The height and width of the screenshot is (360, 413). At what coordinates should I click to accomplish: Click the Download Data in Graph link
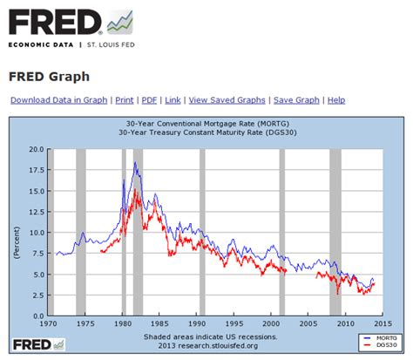pyautogui.click(x=58, y=100)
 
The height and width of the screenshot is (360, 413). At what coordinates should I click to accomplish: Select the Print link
pyautogui.click(x=125, y=100)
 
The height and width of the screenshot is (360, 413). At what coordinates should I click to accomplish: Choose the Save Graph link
pyautogui.click(x=296, y=100)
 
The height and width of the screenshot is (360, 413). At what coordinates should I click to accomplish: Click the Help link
pyautogui.click(x=336, y=100)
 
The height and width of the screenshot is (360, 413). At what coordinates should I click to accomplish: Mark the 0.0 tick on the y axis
pyautogui.click(x=37, y=316)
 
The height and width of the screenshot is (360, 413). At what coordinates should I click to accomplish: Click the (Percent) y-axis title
pyautogui.click(x=16, y=233)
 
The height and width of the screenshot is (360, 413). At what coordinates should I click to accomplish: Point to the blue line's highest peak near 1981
pyautogui.click(x=136, y=162)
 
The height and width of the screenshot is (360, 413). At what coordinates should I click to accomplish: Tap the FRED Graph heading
pyautogui.click(x=50, y=76)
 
